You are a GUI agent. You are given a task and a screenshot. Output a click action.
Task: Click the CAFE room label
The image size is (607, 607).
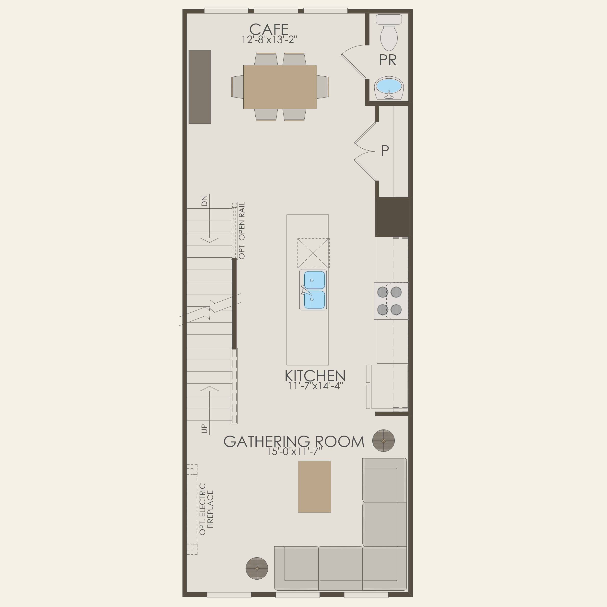(x=269, y=30)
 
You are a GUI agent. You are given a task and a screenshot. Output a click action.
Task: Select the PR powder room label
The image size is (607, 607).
(x=388, y=60)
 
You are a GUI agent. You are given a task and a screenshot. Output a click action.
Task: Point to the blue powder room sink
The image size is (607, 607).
(x=389, y=85)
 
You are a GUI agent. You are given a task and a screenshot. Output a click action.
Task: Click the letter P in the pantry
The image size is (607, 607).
(x=385, y=151)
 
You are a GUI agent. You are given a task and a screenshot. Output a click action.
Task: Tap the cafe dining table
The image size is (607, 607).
(x=280, y=87)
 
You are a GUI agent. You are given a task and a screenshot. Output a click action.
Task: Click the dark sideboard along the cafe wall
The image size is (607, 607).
(x=200, y=87)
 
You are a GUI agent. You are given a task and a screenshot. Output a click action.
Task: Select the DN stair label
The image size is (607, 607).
(x=204, y=201)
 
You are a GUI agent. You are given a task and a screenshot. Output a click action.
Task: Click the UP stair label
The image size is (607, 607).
(x=204, y=428)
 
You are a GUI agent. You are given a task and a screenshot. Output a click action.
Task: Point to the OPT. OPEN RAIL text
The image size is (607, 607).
(x=242, y=231)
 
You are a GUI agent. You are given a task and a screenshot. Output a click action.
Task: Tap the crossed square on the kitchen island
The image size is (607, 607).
(x=313, y=253)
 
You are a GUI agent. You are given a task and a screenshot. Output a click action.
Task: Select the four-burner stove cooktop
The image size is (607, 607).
(x=390, y=301)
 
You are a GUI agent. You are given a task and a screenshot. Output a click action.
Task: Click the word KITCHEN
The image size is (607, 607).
(x=315, y=376)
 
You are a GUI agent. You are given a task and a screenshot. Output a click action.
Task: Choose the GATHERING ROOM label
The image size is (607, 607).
(x=294, y=441)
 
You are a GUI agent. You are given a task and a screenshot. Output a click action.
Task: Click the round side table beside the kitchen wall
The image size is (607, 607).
(x=383, y=440)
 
